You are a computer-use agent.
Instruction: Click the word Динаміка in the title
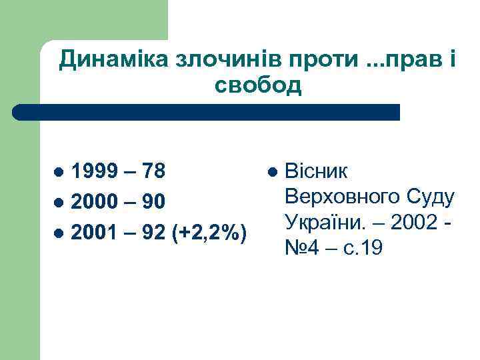point(113,61)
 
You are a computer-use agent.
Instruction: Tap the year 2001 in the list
point(92,233)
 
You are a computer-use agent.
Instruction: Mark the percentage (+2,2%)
point(211,233)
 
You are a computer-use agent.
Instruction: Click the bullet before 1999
point(59,172)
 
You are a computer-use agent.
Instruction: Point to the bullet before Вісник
point(271,172)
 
